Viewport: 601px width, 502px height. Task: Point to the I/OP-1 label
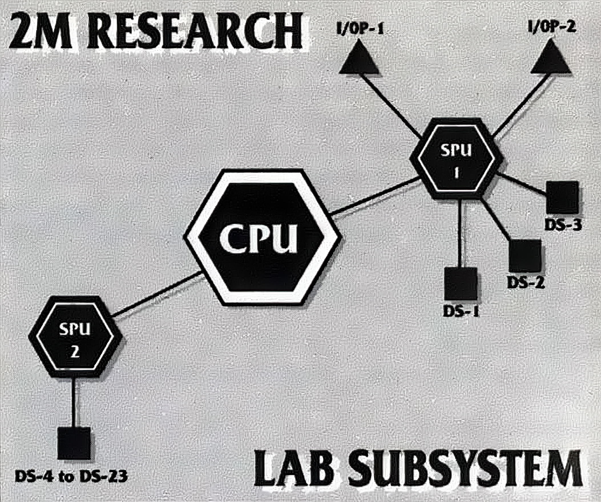coord(360,29)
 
